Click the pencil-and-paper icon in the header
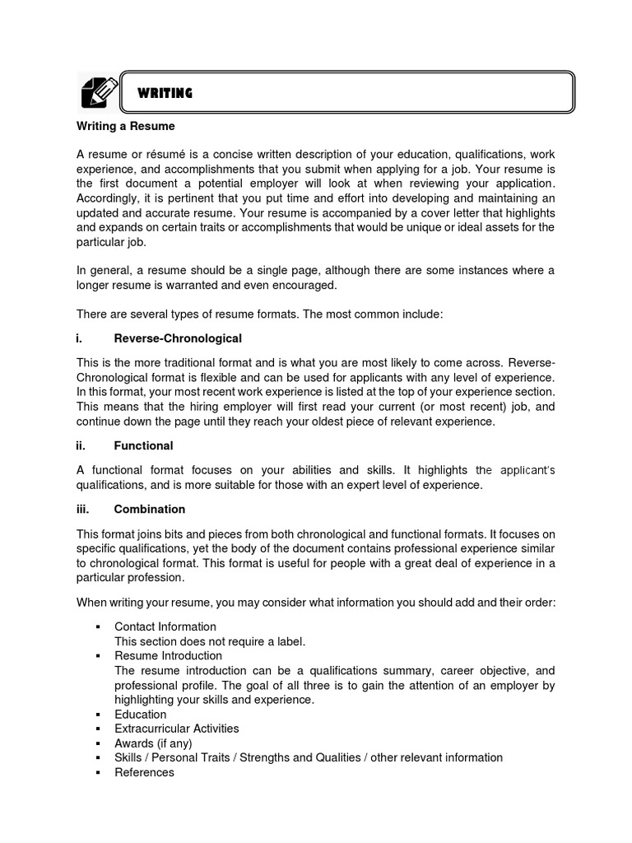tap(95, 91)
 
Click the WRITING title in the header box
tap(165, 93)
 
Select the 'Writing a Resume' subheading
tap(126, 128)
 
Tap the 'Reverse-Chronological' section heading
tap(178, 338)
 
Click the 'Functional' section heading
tap(143, 445)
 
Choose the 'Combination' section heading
tap(150, 510)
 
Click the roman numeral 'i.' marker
tap(80, 338)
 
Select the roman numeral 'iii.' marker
tap(83, 510)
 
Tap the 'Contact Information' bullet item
tap(165, 626)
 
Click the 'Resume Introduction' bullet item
tap(168, 656)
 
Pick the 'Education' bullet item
tap(140, 715)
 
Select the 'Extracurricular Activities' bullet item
tap(177, 729)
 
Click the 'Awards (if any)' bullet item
tap(153, 743)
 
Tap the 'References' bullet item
tap(144, 772)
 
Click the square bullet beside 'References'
tap(97, 773)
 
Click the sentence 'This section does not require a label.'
tap(210, 641)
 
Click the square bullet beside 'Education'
tap(97, 715)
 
